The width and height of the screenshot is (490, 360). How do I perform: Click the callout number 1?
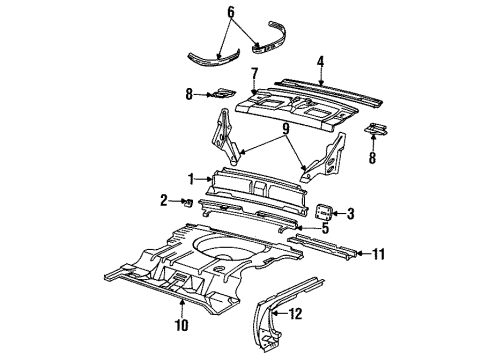[x=190, y=178]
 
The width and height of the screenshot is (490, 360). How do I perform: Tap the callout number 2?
[x=165, y=201]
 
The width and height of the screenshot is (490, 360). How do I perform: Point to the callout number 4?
[x=320, y=61]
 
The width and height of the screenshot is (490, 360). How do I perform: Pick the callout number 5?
[x=324, y=228]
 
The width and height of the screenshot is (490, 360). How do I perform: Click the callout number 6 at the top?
[x=232, y=13]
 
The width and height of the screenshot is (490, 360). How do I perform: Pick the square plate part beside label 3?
[x=323, y=211]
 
